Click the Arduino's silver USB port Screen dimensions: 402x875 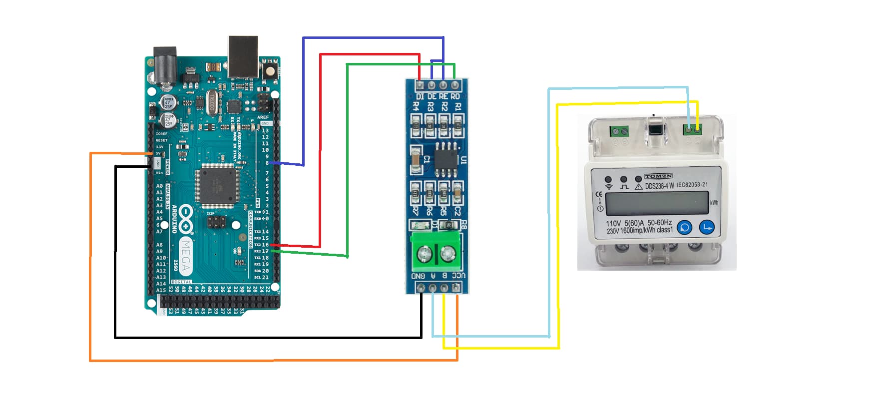[243, 56]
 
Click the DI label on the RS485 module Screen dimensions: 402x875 [420, 96]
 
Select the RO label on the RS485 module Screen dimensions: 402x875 [455, 96]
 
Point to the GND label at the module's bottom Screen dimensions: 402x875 [418, 276]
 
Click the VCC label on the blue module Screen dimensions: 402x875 [458, 276]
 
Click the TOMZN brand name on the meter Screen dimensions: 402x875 [658, 176]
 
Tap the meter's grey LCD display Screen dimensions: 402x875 [656, 203]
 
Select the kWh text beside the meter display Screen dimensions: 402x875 [714, 203]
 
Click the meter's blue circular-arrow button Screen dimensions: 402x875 [684, 228]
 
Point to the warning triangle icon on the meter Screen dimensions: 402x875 [638, 187]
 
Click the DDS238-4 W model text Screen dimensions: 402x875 [659, 186]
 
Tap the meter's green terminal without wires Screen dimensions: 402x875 [619, 132]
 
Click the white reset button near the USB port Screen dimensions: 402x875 [270, 68]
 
